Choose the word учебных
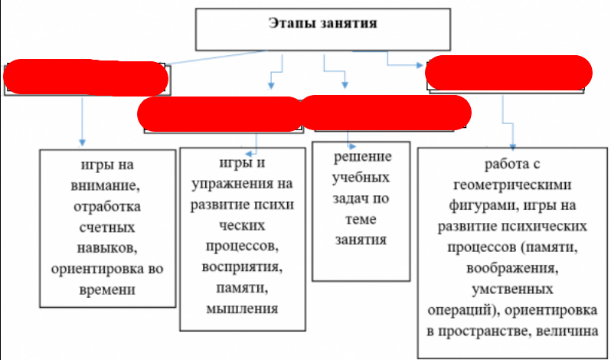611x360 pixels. tap(360, 178)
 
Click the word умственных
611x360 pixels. tap(515, 290)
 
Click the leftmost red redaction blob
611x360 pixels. tap(86, 77)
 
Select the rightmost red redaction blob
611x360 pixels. tap(508, 72)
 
